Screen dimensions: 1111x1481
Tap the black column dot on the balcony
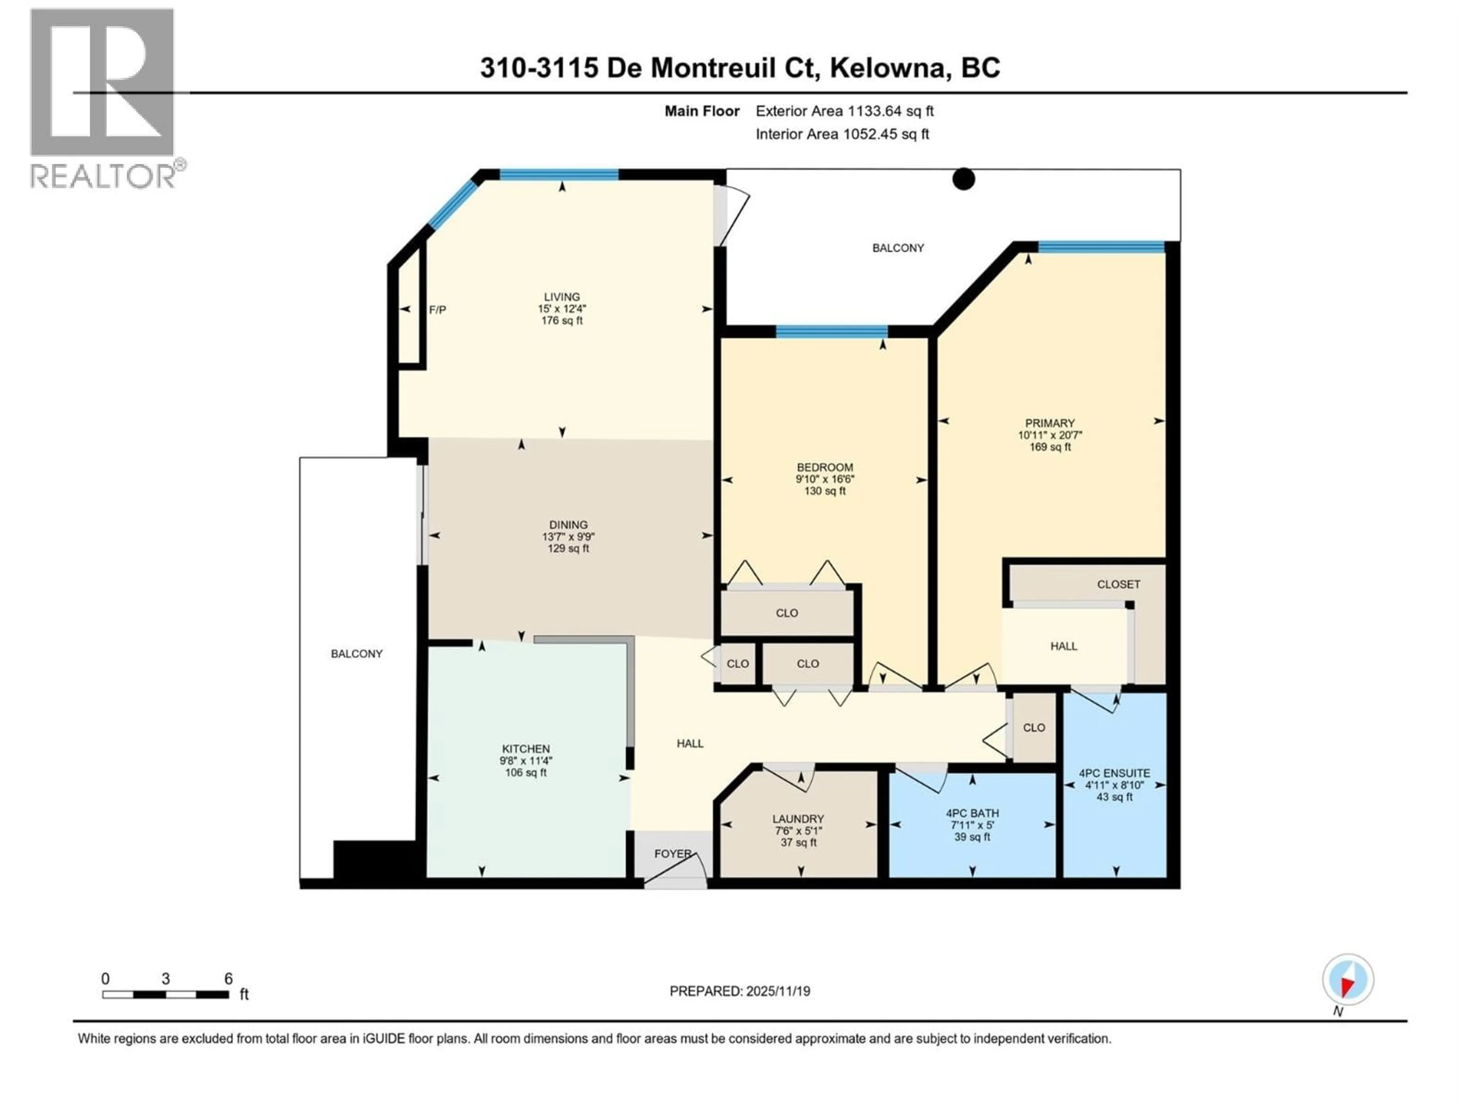pos(963,179)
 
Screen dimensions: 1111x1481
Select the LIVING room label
pos(562,297)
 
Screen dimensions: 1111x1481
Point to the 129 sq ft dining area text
pos(568,549)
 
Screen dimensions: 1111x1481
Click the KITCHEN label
pos(526,749)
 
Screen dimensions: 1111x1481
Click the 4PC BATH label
pos(972,813)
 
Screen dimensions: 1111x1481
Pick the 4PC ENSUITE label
pos(1114,773)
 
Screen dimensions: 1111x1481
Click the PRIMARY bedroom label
pos(1050,423)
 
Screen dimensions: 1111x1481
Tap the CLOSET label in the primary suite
pos(1118,584)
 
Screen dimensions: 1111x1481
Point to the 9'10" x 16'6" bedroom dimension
pos(825,480)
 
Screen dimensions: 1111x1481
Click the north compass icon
pos(1348,980)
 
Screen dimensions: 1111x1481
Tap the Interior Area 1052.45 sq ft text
pos(842,134)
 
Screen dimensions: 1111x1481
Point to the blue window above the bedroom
pos(832,331)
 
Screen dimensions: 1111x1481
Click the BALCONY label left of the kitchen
pos(357,653)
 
